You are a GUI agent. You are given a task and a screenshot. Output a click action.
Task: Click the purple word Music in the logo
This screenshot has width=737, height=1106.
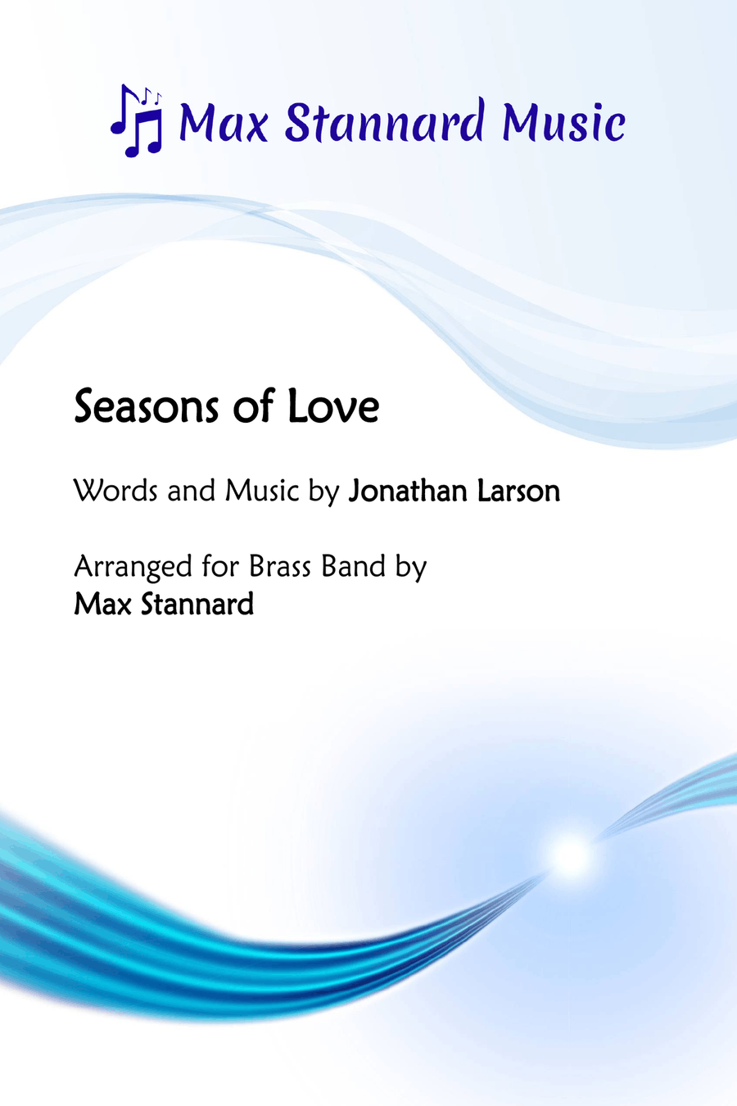563,122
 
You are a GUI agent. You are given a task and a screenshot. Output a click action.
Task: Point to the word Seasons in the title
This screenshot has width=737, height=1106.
146,407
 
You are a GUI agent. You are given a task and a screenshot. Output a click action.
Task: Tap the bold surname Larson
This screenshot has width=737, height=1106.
519,492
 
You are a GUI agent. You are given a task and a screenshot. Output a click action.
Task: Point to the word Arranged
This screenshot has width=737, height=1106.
133,567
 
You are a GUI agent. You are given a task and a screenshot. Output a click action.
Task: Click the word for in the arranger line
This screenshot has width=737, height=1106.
220,566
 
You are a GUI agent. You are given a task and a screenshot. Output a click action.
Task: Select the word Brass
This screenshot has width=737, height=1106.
280,566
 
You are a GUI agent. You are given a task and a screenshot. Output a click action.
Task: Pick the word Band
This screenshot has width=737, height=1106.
354,566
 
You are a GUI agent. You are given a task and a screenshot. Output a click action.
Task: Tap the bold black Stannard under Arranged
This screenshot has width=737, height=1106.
197,604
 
